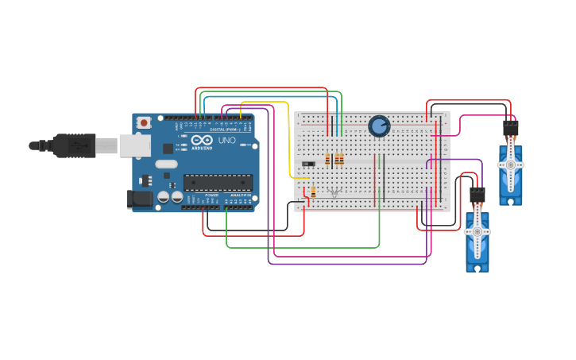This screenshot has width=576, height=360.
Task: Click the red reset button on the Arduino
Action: tap(144, 122)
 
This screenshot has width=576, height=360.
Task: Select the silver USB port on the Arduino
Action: tap(134, 145)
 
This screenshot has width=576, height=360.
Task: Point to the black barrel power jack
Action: tap(140, 199)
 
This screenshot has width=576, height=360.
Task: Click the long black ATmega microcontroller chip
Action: tap(218, 183)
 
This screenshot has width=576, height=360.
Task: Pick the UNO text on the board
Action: tap(226, 140)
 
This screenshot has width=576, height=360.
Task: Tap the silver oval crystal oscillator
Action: tap(166, 165)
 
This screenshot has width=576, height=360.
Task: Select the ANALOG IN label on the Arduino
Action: tap(240, 195)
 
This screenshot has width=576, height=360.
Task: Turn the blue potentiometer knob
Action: tap(379, 126)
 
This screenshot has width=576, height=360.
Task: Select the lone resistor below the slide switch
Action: tap(313, 192)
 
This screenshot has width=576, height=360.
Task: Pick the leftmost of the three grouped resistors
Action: tap(327, 160)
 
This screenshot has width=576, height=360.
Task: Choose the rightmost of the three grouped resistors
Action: tap(342, 160)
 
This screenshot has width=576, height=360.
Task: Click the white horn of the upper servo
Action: tap(510, 165)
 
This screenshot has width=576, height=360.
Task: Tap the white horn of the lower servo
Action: tap(477, 232)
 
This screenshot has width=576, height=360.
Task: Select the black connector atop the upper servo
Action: tap(510, 127)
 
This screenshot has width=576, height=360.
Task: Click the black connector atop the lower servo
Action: tap(477, 194)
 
